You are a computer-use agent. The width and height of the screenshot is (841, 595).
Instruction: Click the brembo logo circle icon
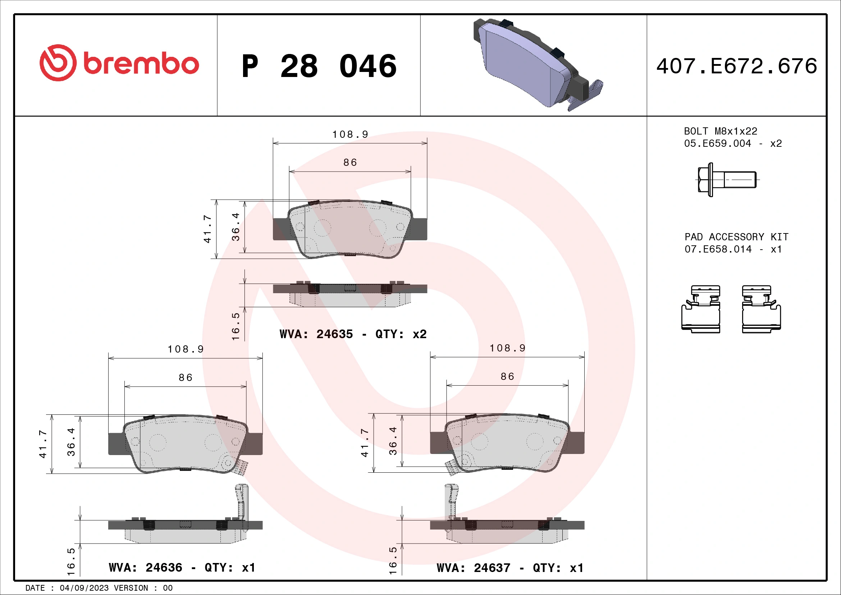point(58,63)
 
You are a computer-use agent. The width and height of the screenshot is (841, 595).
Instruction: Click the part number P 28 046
point(319,66)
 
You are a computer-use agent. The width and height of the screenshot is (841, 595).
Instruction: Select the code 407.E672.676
point(737,66)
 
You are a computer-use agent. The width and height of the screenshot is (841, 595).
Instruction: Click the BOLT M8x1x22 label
point(720,131)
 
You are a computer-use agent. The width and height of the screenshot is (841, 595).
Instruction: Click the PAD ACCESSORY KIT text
point(736,237)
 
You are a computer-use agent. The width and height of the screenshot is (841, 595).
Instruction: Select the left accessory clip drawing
point(701,309)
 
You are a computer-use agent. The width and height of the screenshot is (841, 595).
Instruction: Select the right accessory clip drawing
point(761,309)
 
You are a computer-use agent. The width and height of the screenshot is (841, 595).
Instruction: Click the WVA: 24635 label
point(316,334)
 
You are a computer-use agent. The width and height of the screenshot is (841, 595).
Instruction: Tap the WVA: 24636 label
point(145,568)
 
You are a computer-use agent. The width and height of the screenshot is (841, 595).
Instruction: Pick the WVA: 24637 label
point(473,568)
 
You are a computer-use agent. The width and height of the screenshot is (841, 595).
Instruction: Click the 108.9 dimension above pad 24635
point(350,135)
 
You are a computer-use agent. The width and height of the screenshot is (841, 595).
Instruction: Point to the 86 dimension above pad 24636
point(185,377)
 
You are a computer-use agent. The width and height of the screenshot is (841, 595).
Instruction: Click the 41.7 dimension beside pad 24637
point(365,443)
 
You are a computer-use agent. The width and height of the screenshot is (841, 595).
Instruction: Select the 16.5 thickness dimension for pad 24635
point(236,326)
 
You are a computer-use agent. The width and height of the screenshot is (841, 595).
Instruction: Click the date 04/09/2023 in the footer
point(84,588)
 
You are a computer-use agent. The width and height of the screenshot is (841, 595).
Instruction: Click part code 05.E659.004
point(717,143)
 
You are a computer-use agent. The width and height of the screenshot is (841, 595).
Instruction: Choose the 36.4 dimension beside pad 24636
point(71,442)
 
